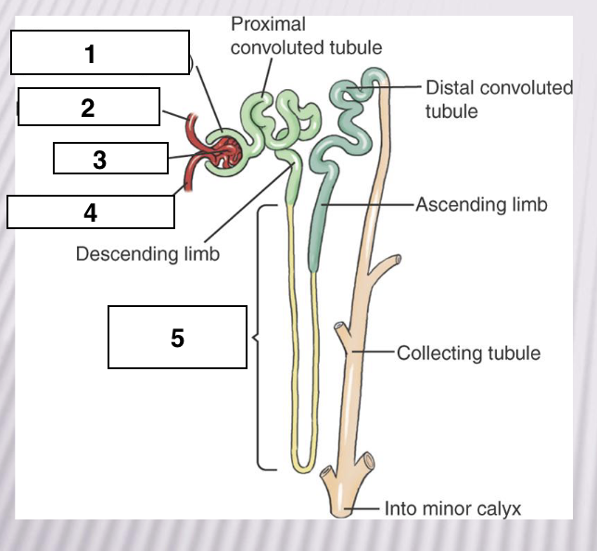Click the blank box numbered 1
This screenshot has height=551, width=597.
(x=100, y=52)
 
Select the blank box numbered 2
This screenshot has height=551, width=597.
(x=89, y=107)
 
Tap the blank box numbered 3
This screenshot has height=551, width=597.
(x=111, y=158)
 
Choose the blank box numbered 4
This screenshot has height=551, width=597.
(x=91, y=211)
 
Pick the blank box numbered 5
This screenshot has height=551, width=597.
(x=177, y=337)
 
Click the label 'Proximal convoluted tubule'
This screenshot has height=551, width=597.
(x=306, y=36)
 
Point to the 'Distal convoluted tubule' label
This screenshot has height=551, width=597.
(x=499, y=99)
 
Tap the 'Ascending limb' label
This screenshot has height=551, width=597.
(x=481, y=205)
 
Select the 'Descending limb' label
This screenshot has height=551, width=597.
(x=147, y=254)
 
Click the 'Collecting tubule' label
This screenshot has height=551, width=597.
(x=469, y=352)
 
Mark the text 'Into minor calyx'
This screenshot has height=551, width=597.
(x=452, y=508)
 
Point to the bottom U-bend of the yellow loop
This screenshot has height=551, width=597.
(x=303, y=468)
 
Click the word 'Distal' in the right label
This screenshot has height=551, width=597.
(x=450, y=88)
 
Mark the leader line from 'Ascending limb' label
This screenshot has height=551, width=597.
(x=367, y=205)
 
